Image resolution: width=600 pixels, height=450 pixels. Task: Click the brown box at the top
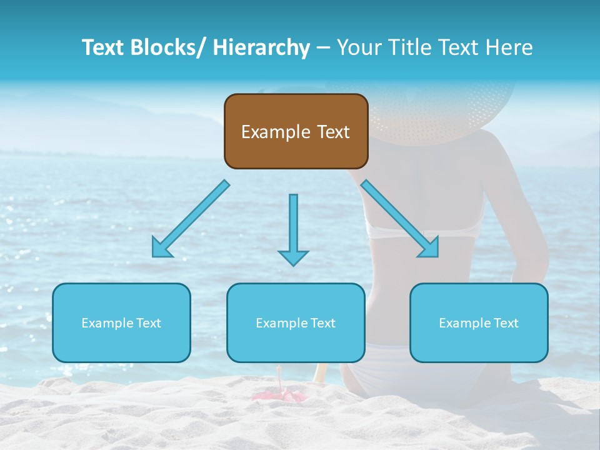(296, 131)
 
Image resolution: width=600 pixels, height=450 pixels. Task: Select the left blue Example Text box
(121, 322)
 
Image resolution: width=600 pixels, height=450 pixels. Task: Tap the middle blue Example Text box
(296, 322)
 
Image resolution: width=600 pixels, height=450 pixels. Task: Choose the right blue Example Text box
(479, 322)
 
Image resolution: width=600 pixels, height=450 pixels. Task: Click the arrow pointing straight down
(293, 229)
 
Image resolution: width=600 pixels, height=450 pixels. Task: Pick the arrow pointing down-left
(190, 219)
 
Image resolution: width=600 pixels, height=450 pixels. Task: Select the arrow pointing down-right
(400, 219)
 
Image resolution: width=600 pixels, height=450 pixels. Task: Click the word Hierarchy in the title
(261, 47)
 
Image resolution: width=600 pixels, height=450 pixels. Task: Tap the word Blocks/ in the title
(165, 47)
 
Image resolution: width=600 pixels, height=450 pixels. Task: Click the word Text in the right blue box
(506, 322)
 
